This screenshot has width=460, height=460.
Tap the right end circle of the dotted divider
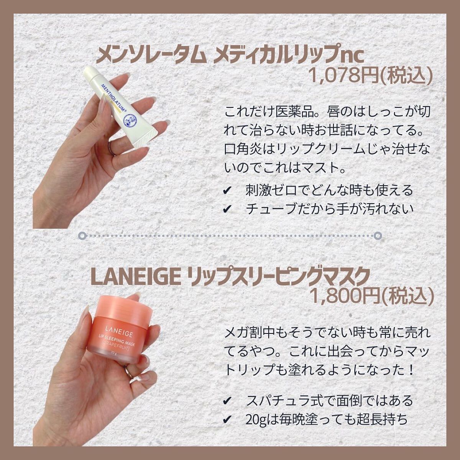click(x=378, y=235)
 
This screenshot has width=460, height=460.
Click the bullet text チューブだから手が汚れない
click(x=329, y=209)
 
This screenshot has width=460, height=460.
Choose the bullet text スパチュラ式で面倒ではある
click(x=329, y=401)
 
